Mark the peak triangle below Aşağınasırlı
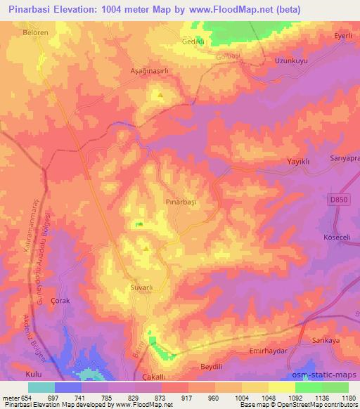(160, 95)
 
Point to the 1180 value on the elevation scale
(348, 398)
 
